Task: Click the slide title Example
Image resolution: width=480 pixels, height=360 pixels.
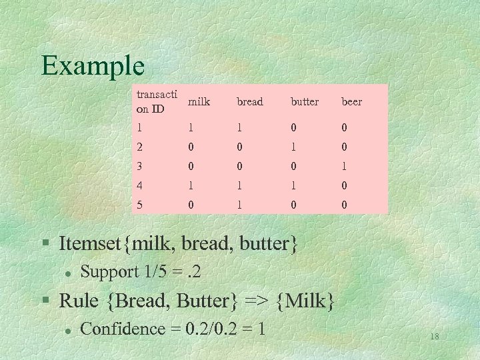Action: tap(93, 65)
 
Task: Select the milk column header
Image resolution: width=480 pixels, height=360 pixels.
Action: tap(199, 102)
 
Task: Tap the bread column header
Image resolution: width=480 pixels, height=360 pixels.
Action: tap(250, 102)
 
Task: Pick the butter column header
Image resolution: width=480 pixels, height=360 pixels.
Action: tap(305, 102)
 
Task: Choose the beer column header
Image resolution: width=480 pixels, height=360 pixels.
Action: tap(352, 102)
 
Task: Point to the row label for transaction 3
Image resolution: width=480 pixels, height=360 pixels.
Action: tap(139, 165)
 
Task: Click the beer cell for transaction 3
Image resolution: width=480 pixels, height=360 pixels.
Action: tap(344, 165)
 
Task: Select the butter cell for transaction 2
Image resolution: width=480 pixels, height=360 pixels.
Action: tap(293, 146)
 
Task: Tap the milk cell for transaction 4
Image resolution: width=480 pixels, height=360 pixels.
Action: tap(191, 185)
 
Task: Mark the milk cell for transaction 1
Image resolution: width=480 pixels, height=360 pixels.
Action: tap(191, 127)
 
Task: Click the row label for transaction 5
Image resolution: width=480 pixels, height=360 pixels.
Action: tap(139, 205)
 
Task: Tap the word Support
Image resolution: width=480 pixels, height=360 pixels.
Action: tap(109, 272)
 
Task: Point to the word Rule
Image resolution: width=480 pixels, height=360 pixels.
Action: tap(79, 301)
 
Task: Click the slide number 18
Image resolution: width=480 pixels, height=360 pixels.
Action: tap(434, 337)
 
